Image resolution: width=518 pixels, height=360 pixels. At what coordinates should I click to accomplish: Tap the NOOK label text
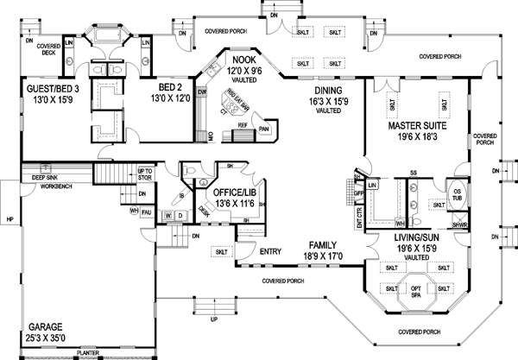(240, 59)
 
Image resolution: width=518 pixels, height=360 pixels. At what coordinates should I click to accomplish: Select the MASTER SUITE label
(417, 126)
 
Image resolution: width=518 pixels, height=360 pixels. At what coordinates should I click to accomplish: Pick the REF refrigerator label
(243, 125)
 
